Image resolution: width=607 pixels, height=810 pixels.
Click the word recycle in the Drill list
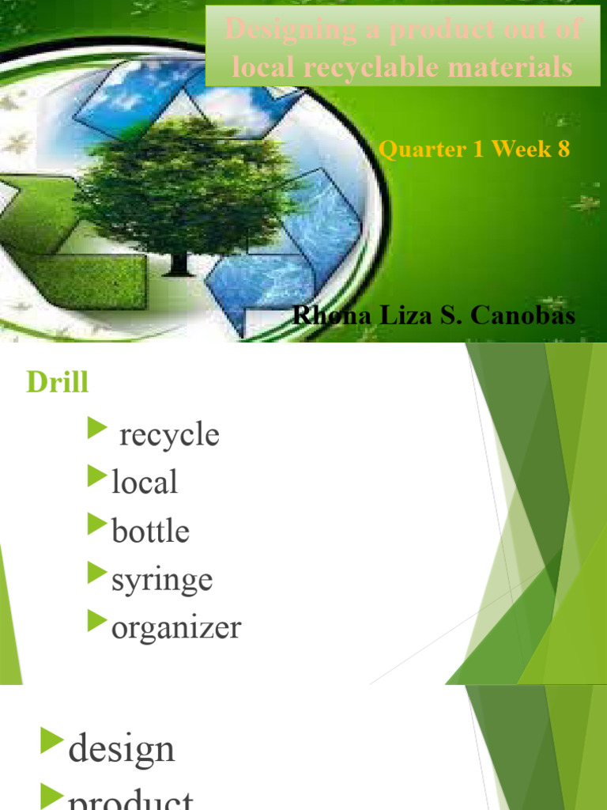pyautogui.click(x=169, y=435)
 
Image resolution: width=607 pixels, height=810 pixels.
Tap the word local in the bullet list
pyautogui.click(x=145, y=483)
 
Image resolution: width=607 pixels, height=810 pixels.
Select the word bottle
pyautogui.click(x=150, y=531)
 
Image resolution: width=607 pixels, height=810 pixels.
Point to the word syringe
pyautogui.click(x=162, y=580)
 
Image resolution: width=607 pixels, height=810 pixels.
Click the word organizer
pyautogui.click(x=176, y=628)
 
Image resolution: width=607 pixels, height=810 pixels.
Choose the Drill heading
pyautogui.click(x=57, y=383)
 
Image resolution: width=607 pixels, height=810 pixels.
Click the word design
pyautogui.click(x=122, y=748)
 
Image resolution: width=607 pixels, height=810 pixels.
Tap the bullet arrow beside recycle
pyautogui.click(x=97, y=430)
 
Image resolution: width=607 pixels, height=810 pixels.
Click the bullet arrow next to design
pyautogui.click(x=52, y=742)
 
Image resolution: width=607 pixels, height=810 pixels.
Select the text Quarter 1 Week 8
pyautogui.click(x=474, y=149)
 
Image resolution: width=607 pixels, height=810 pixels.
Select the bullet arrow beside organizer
pyautogui.click(x=97, y=622)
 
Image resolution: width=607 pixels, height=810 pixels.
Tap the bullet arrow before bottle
pyautogui.click(x=97, y=525)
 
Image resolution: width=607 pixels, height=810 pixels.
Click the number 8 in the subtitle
pyautogui.click(x=563, y=149)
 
